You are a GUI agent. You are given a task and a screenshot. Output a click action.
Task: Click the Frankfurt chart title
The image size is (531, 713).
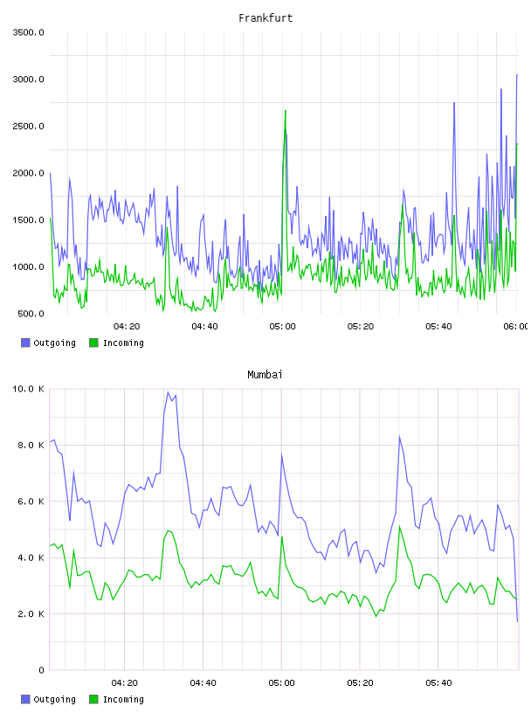click(265, 18)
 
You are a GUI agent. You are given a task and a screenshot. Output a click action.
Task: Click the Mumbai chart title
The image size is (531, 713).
click(265, 375)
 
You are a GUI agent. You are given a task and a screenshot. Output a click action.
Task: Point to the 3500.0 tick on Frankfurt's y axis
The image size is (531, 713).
click(28, 32)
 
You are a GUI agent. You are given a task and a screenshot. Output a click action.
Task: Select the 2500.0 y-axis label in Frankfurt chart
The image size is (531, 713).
click(28, 126)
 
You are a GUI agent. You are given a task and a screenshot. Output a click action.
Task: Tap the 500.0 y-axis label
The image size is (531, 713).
click(31, 314)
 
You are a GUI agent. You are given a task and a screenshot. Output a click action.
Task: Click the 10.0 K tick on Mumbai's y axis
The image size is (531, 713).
click(28, 389)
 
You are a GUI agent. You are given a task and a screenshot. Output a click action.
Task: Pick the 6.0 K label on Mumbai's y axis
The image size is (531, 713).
click(31, 501)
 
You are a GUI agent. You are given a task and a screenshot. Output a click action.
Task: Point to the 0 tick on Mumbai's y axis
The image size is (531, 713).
click(41, 670)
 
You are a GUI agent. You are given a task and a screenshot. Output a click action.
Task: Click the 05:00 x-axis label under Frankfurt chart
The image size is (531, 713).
click(282, 327)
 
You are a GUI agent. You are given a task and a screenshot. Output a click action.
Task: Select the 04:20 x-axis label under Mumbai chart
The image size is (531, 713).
click(125, 683)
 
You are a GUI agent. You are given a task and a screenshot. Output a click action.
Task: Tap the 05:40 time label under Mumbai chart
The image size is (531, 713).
click(438, 683)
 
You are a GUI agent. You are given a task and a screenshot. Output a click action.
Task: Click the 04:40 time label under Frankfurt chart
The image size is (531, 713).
click(204, 327)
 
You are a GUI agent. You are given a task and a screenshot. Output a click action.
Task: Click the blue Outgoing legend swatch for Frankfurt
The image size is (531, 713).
click(25, 343)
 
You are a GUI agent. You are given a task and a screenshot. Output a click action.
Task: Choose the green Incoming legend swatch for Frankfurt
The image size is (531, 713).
click(93, 343)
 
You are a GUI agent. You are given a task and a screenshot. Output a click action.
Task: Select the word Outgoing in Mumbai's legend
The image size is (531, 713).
click(54, 699)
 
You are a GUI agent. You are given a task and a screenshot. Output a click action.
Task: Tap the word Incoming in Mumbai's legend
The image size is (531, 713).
click(123, 699)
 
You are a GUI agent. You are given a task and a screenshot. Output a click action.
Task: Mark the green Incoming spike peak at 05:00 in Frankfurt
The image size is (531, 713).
click(285, 110)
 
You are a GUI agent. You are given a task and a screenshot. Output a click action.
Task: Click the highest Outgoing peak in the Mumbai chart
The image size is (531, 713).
click(168, 392)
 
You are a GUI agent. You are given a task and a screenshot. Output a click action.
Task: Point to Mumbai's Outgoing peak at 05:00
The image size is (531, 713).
click(282, 454)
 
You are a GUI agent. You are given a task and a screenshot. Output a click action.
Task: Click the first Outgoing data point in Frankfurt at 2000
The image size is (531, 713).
click(50, 173)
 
